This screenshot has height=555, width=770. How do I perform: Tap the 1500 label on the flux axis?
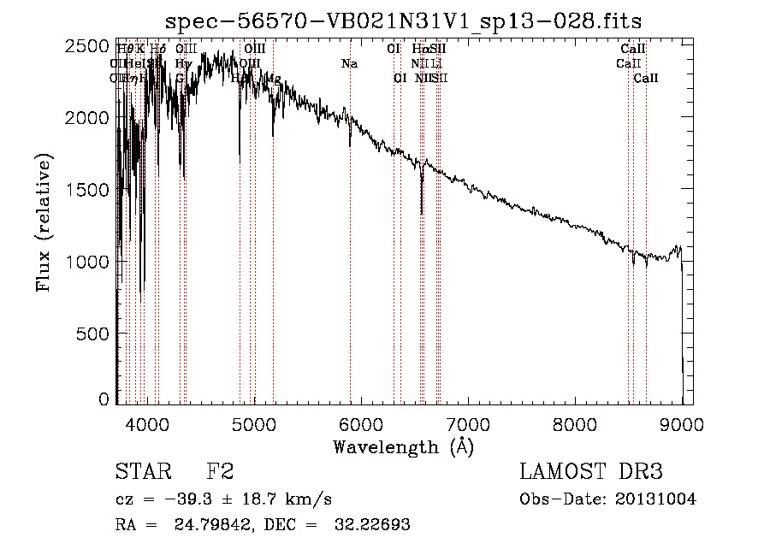[89, 189]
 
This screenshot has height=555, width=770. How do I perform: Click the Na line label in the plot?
[349, 63]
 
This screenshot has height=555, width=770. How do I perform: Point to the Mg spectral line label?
[273, 78]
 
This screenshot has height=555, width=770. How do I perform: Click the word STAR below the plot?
[143, 472]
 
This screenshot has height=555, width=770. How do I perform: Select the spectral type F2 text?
[220, 472]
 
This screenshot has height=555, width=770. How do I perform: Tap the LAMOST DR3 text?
[590, 472]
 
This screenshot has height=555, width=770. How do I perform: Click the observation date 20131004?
[656, 499]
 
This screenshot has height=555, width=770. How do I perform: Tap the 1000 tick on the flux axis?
[89, 261]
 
